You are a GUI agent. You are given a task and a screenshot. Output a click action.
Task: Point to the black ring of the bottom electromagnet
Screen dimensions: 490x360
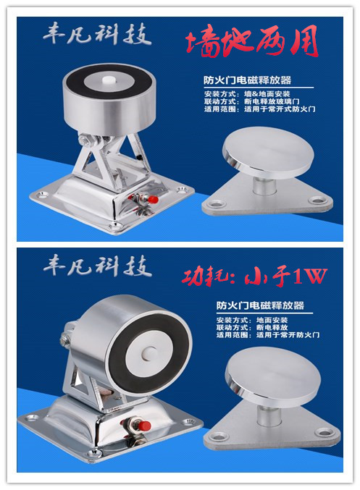click(122, 363)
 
